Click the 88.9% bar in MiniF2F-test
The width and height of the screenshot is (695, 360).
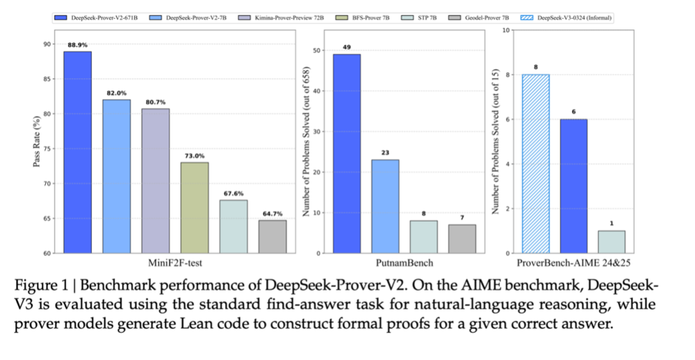pos(77,152)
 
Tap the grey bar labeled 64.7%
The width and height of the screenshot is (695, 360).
pos(272,236)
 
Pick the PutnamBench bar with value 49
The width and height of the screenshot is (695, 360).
pos(346,154)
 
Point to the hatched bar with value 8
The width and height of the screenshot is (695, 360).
pos(535,163)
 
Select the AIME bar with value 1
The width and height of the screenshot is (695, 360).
pos(612,242)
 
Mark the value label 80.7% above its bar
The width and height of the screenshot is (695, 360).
pos(155,101)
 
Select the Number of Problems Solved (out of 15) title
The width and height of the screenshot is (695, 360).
pos(496,142)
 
